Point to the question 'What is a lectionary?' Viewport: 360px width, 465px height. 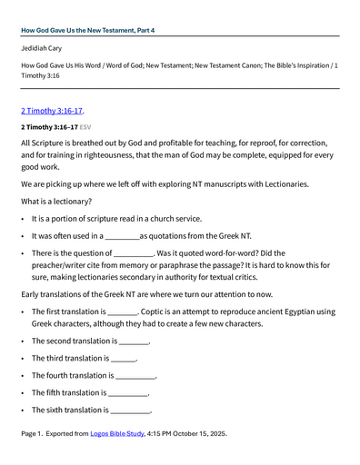coord(62,201)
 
